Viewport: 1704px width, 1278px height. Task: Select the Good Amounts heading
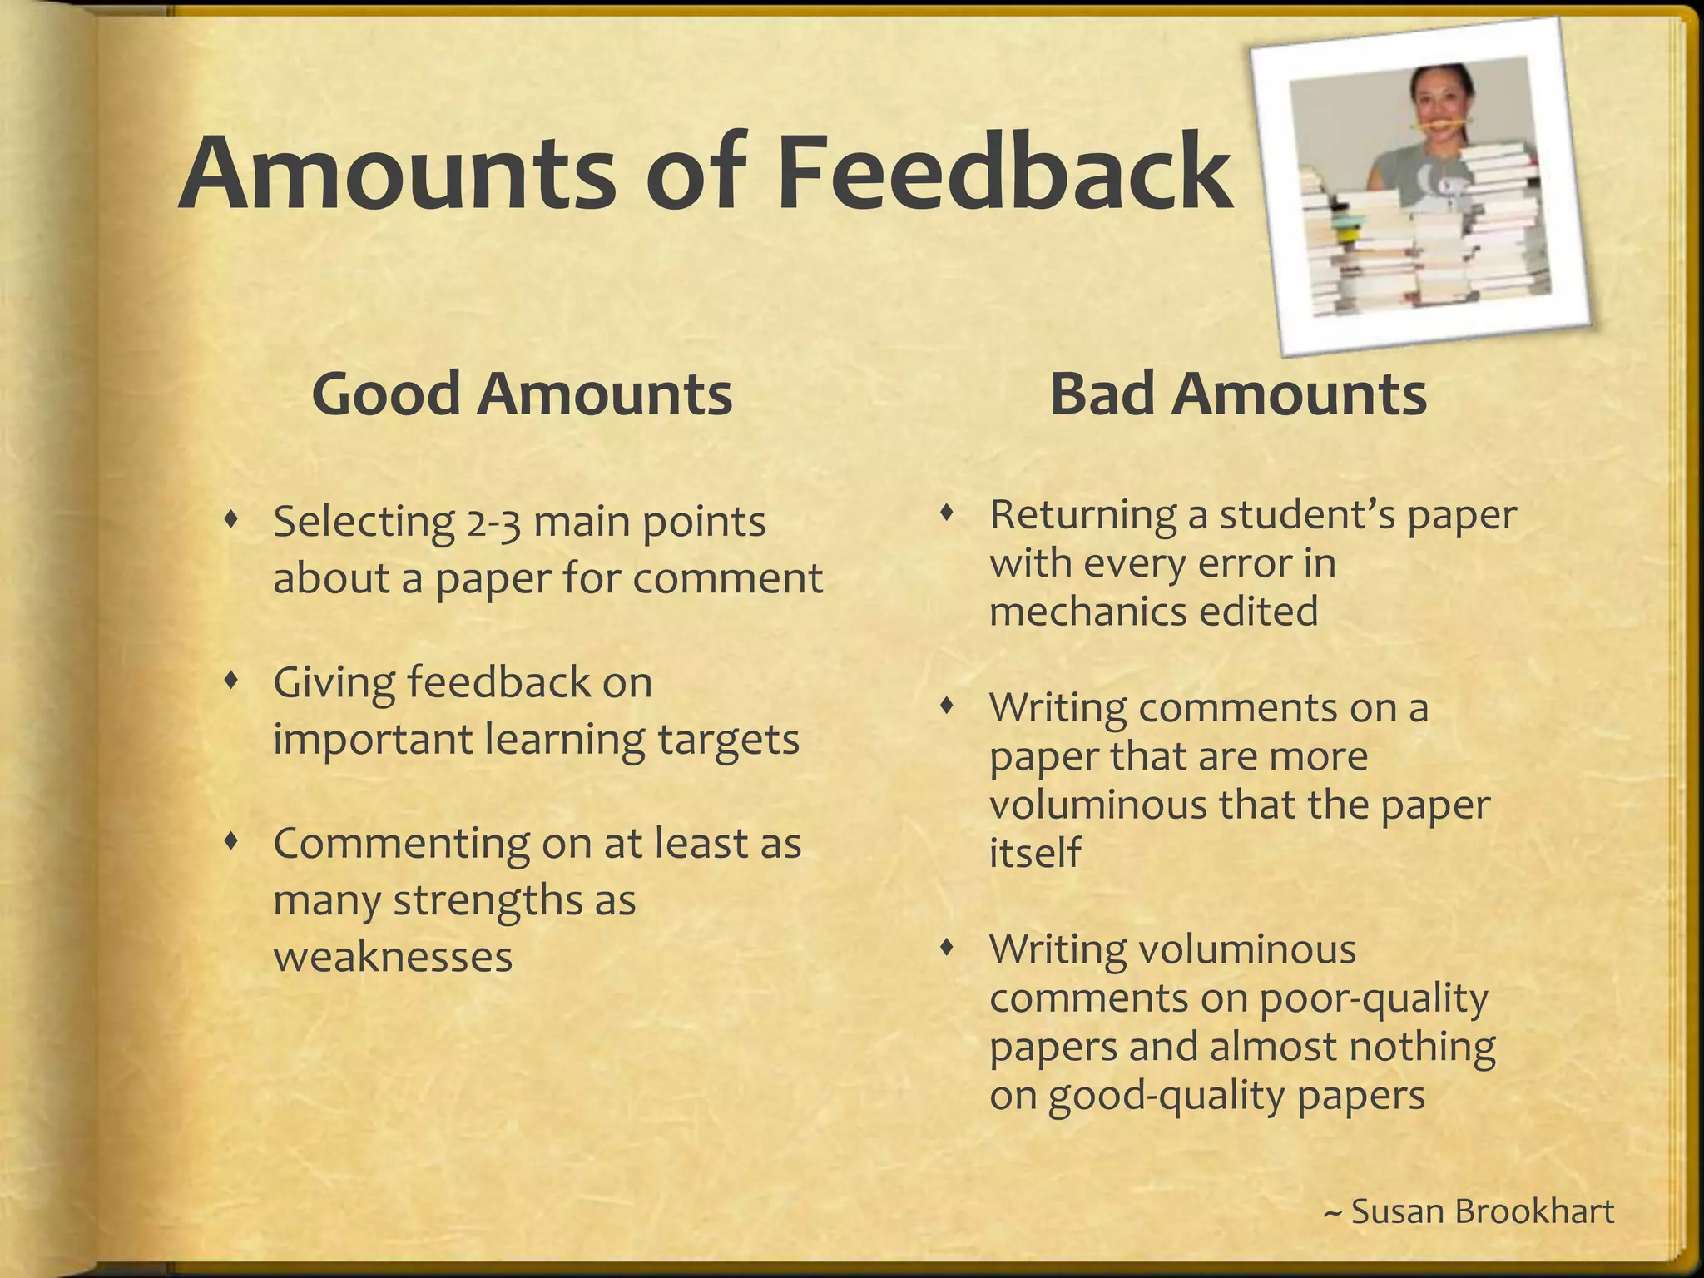[x=522, y=394]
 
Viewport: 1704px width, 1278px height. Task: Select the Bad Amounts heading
[x=1238, y=394]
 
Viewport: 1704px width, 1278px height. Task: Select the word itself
[x=1034, y=852]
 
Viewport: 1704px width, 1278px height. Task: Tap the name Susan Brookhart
[x=1482, y=1211]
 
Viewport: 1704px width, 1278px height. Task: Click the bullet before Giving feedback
[x=232, y=681]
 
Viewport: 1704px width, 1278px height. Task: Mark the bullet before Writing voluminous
[x=947, y=948]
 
